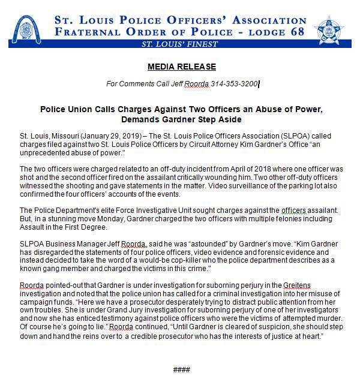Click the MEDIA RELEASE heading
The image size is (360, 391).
(x=181, y=67)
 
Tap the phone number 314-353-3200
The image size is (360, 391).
(x=234, y=85)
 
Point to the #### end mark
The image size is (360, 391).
(x=181, y=369)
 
